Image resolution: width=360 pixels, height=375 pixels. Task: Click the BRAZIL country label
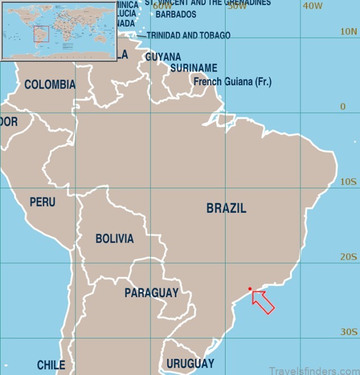[226, 209]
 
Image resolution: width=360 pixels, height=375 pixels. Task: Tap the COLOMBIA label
[49, 85]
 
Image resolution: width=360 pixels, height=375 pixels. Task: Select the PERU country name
[43, 202]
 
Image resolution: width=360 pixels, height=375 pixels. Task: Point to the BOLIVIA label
[114, 239]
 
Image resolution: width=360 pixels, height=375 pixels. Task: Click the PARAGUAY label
[151, 293]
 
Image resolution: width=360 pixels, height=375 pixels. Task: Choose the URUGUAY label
[190, 363]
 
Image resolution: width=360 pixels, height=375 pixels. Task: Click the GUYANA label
[163, 57]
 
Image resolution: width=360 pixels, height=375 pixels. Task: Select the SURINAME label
[193, 69]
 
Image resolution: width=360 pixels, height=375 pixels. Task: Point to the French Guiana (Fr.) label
[232, 82]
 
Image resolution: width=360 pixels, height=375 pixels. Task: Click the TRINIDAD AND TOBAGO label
[188, 35]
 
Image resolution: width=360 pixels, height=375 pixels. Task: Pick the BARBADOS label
[176, 15]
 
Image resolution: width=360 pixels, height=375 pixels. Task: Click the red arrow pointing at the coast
[263, 302]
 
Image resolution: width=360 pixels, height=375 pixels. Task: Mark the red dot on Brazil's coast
[250, 289]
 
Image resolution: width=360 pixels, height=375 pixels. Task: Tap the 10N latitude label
[348, 32]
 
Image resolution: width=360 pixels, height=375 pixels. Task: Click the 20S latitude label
[348, 257]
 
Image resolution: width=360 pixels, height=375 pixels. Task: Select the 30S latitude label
[348, 332]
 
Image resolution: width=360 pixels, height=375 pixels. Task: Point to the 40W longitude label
[312, 6]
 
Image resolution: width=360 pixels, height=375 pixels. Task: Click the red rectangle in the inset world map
[41, 34]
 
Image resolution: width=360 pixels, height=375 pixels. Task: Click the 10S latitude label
[348, 182]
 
